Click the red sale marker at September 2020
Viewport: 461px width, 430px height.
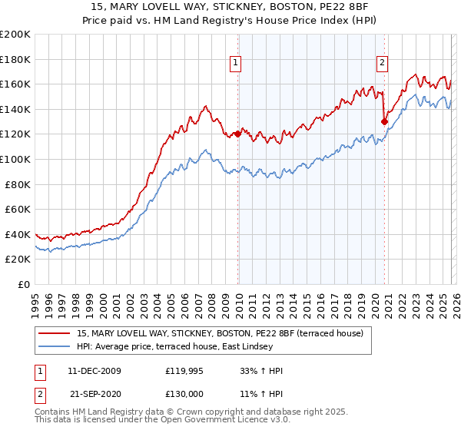383,121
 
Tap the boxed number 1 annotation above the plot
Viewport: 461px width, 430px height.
235,64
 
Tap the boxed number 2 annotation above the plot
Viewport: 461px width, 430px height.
382,64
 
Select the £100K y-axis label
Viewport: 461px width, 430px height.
15,159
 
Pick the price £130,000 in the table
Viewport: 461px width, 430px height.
186,392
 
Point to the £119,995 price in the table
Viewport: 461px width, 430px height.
186,371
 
